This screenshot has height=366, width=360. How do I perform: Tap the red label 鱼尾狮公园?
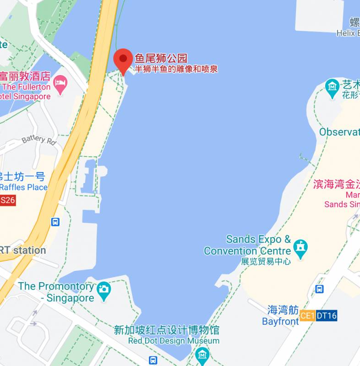pyautogui.click(x=161, y=59)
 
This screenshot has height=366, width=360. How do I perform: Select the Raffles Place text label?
pyautogui.click(x=24, y=187)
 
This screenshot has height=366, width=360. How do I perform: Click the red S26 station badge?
pyautogui.click(x=8, y=200)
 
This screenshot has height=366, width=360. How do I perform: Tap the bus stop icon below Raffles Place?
pyautogui.click(x=55, y=222)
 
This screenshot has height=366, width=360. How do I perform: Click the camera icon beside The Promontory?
pyautogui.click(x=104, y=289)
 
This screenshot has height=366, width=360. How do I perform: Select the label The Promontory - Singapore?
pyautogui.click(x=56, y=292)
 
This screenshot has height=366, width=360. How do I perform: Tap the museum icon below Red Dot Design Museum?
pyautogui.click(x=202, y=354)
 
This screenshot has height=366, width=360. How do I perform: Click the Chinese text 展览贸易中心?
pyautogui.click(x=266, y=262)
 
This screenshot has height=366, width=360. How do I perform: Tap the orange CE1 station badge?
pyautogui.click(x=307, y=315)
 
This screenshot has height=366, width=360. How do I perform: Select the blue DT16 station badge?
pyautogui.click(x=326, y=315)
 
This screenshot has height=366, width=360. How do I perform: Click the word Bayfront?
pyautogui.click(x=280, y=321)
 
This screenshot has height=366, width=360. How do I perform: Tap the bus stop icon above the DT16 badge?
pyautogui.click(x=320, y=289)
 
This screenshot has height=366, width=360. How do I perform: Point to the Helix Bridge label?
pyautogui.click(x=348, y=33)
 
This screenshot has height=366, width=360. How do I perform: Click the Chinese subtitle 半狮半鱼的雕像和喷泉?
pyautogui.click(x=176, y=70)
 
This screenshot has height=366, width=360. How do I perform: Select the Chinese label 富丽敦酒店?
pyautogui.click(x=25, y=75)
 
